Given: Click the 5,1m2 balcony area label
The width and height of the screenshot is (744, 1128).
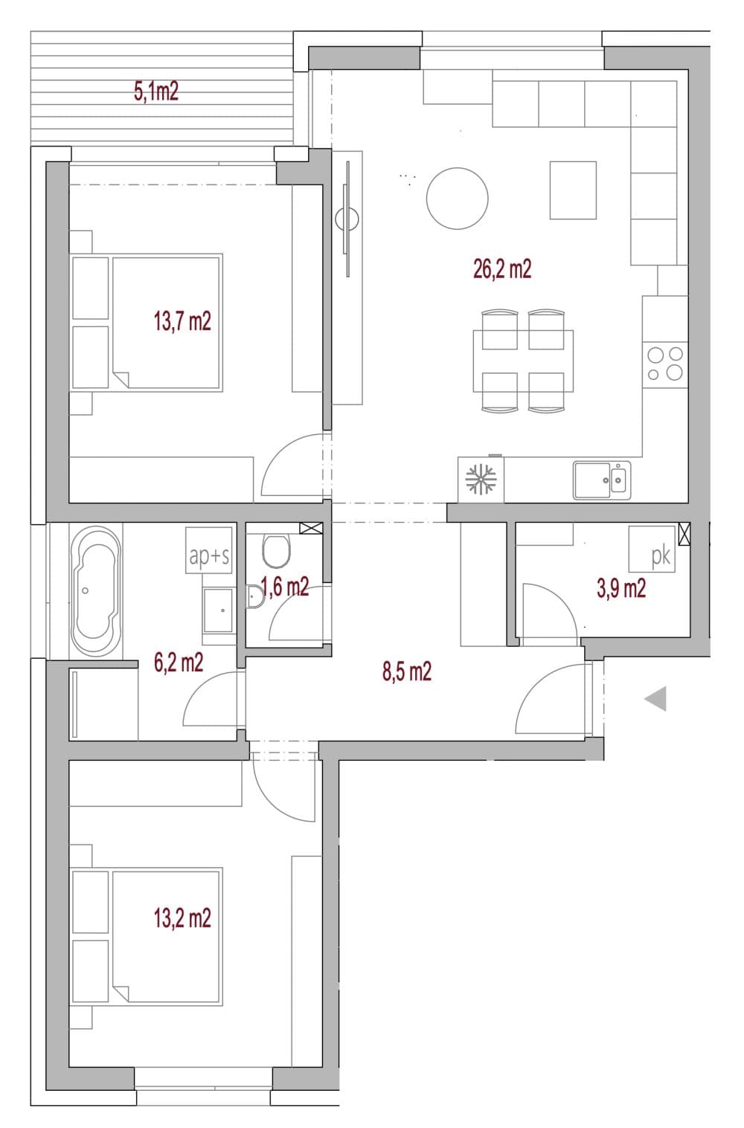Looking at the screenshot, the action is (x=156, y=91).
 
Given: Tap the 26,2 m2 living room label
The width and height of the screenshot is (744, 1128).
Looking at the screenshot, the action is (x=502, y=268).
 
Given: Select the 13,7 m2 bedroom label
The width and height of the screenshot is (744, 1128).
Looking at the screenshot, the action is (x=182, y=320).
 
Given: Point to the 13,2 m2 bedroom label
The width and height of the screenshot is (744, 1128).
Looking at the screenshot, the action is (x=182, y=918).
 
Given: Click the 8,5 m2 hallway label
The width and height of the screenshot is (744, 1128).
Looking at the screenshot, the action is (x=407, y=671).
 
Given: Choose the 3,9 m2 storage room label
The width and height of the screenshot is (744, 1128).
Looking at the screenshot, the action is (x=621, y=588).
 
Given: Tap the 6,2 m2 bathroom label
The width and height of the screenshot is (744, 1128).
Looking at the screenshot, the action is (x=179, y=663).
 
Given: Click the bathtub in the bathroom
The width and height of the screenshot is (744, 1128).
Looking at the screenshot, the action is (x=96, y=591).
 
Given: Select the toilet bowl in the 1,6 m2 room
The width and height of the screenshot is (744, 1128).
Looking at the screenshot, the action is (x=276, y=552).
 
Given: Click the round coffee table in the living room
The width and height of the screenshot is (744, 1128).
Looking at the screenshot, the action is (x=457, y=199).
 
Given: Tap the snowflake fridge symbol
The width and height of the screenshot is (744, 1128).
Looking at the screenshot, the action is (x=481, y=479).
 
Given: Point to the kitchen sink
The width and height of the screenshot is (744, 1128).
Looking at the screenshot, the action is (x=601, y=480).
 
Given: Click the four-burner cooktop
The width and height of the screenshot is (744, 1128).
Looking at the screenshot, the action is (x=665, y=364).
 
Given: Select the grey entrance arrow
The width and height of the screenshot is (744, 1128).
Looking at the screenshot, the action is (x=655, y=698).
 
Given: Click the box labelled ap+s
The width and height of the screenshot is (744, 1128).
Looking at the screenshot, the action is (x=209, y=550).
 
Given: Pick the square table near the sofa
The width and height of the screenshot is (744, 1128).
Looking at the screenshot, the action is (x=573, y=190).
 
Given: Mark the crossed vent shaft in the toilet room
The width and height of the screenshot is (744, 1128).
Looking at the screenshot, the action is (x=311, y=528).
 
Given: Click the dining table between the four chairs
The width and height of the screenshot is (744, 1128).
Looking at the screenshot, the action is (x=523, y=361).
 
